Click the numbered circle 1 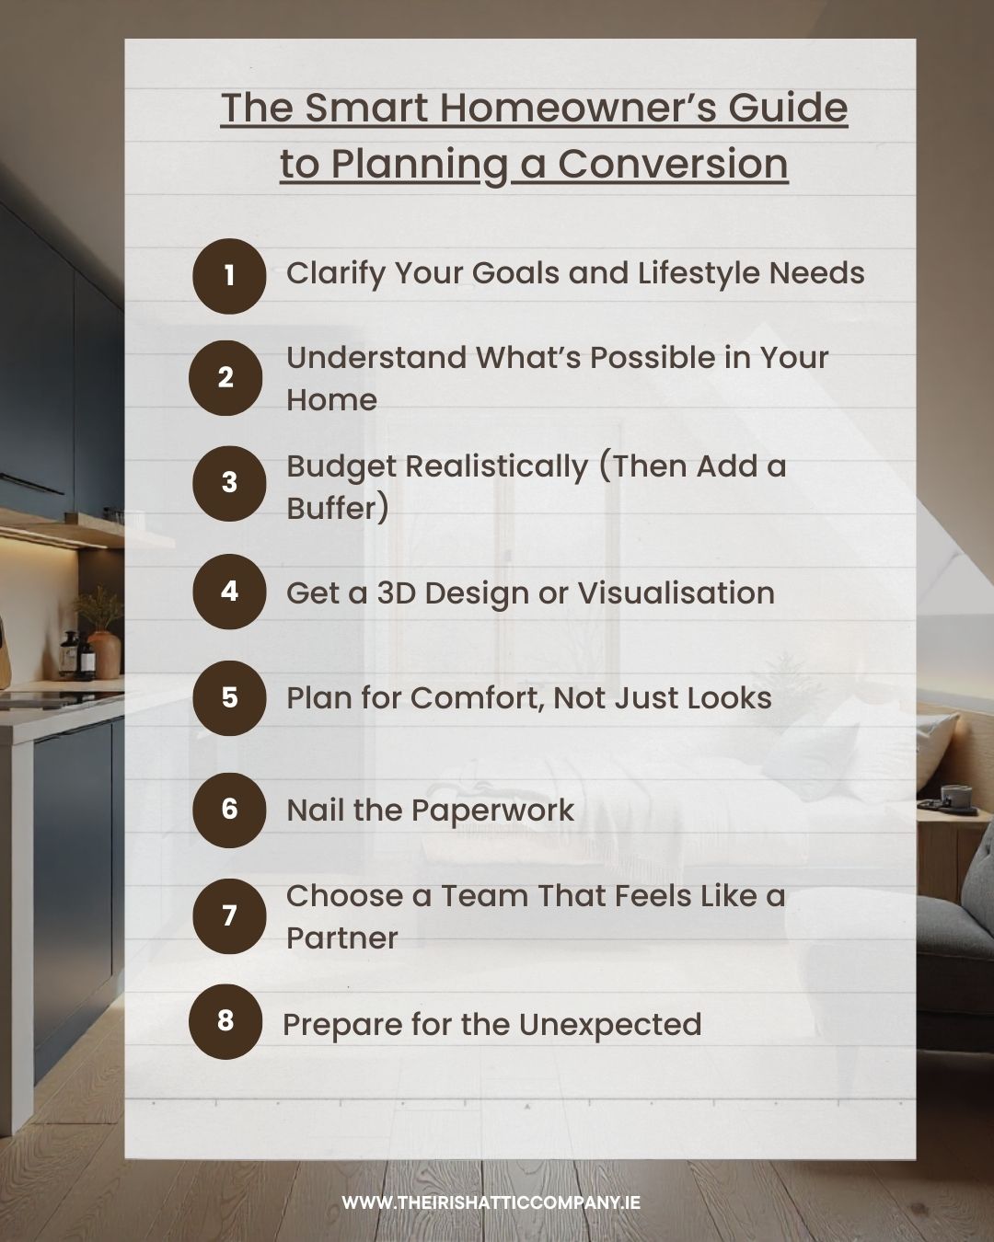[x=229, y=276]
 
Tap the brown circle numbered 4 [x=229, y=592]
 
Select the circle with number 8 [x=225, y=1021]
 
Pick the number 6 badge [x=229, y=810]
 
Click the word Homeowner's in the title [x=577, y=108]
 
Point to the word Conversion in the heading [x=673, y=164]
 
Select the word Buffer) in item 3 [x=338, y=508]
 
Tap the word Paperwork [x=491, y=811]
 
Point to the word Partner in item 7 [x=341, y=938]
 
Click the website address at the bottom [x=491, y=1202]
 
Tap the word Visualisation [x=676, y=593]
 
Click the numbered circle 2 [x=225, y=377]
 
